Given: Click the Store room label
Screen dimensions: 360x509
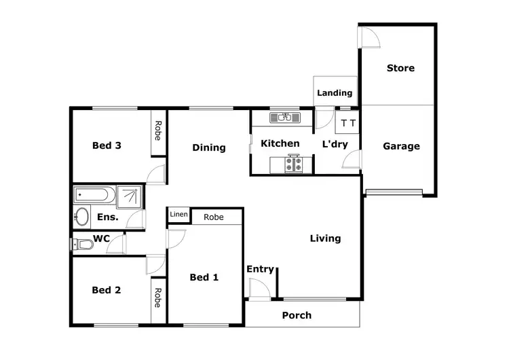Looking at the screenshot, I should coord(400,68).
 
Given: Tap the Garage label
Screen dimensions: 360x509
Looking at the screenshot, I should coord(401,146).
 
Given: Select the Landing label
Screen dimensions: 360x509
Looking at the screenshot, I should coord(335,93).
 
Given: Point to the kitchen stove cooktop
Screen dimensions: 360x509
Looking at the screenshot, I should coord(295,164).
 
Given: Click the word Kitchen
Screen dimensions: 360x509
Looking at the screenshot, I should coord(280,143).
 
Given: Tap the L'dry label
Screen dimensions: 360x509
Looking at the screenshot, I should coord(335,144).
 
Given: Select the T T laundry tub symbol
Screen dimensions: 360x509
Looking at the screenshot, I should coord(348,123).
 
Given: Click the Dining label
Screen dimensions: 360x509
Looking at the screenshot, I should coord(208,147).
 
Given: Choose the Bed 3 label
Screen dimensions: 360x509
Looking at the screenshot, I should coord(107,145).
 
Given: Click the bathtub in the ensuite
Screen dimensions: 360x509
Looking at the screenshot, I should coord(93,196).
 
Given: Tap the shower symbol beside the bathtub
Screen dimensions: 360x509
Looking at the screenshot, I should coord(130,196).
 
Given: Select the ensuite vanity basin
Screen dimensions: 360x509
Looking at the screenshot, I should coord(81,217).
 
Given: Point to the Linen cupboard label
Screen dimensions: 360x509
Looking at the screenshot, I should coord(178,215).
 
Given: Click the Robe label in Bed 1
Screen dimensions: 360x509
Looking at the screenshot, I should coord(214,217).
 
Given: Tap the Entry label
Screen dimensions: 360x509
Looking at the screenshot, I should coord(260,270).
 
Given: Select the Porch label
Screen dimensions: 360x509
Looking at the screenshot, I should coord(297,315).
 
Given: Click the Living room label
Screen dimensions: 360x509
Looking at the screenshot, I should coord(325,238).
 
